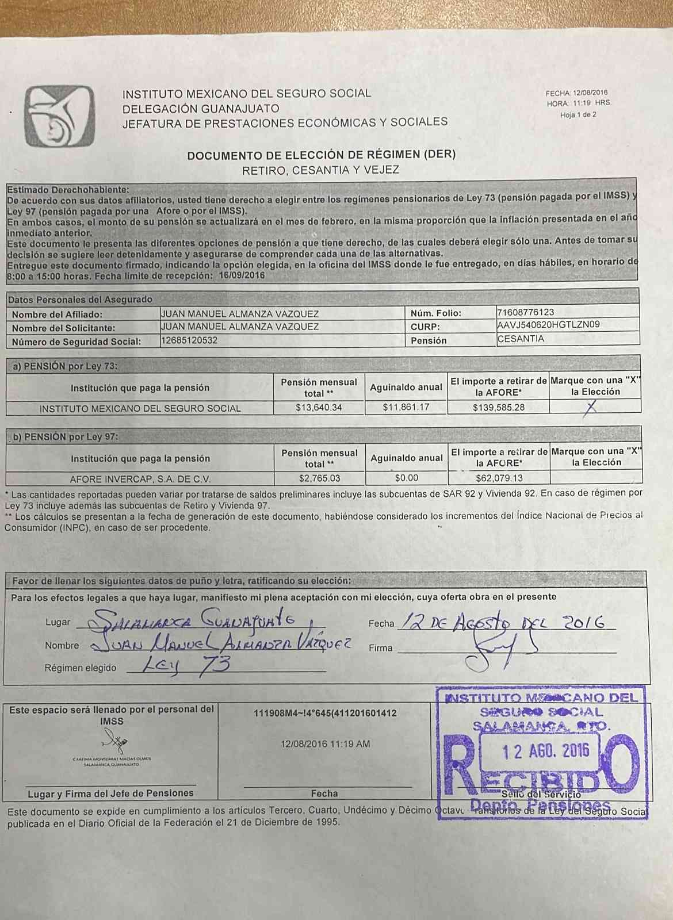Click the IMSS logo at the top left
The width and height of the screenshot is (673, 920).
coord(59,116)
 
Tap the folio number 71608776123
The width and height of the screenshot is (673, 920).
coord(525,312)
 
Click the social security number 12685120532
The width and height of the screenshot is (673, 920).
coord(189,340)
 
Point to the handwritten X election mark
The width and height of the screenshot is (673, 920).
coord(590,407)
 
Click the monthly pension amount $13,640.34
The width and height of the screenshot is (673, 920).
coord(319,408)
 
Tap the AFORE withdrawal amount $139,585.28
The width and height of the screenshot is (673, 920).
coord(499,408)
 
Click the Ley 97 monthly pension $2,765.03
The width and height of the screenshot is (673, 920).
coord(319,478)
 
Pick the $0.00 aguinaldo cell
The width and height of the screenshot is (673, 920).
coord(407,478)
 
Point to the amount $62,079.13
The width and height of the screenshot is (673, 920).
coord(499,478)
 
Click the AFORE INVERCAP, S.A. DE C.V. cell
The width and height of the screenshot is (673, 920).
coord(140,479)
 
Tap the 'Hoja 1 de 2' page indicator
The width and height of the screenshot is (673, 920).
coord(578,115)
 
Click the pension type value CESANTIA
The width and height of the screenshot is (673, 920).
coord(521,339)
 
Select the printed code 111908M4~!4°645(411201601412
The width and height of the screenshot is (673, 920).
coord(325,714)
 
